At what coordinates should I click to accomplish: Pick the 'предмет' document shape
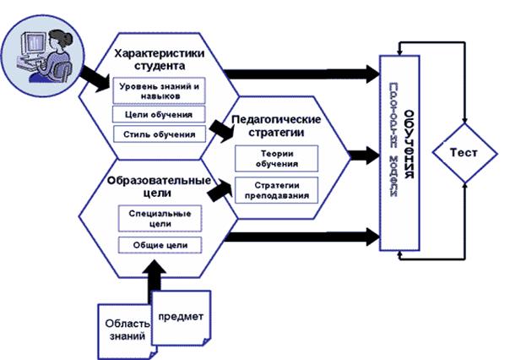(180, 318)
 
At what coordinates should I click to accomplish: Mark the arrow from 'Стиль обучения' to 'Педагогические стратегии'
(221, 128)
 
